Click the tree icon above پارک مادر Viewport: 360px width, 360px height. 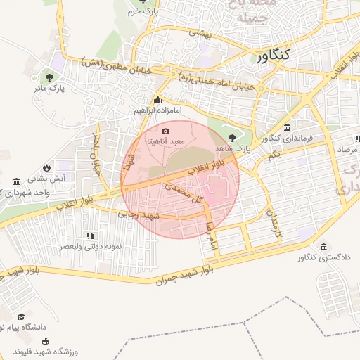(49, 77)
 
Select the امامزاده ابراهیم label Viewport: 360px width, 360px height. (157, 111)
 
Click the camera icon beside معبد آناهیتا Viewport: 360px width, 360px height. (165, 131)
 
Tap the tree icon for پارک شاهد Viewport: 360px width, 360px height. (233, 136)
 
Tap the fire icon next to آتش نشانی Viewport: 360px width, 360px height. (46, 167)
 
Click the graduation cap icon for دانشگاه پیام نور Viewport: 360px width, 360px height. (21, 318)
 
